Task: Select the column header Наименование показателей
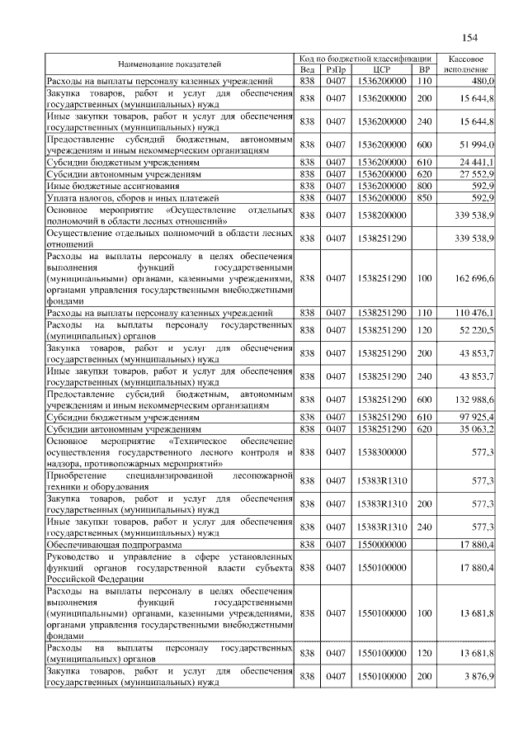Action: coord(170,64)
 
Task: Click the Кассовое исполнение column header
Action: coord(469,64)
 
